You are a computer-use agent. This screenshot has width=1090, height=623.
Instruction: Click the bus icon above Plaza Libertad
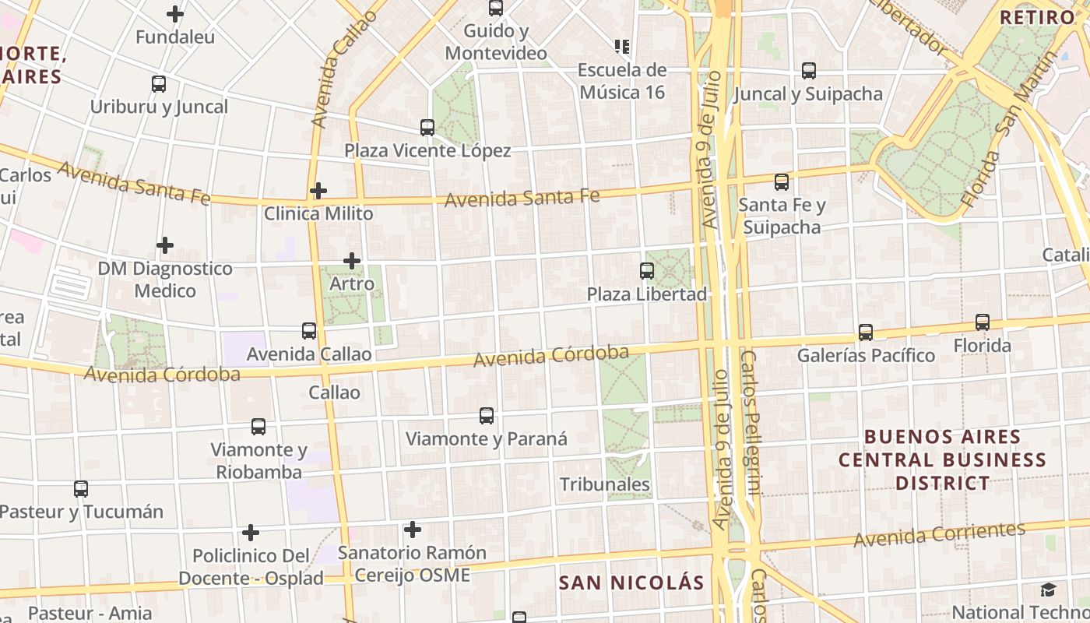pos(646,270)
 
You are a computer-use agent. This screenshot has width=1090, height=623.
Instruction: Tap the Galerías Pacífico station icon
pos(865,333)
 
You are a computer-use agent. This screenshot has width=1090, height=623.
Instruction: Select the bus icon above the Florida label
pos(983,322)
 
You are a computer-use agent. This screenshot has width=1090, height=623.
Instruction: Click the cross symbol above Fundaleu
pos(175,13)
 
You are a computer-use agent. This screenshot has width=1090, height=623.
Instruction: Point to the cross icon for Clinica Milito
pos(318,190)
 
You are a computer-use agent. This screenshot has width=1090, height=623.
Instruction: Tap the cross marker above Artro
pos(352,260)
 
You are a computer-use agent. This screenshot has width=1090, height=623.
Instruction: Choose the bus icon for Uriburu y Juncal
pos(159,83)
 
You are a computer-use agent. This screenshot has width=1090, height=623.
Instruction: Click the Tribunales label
pos(605,484)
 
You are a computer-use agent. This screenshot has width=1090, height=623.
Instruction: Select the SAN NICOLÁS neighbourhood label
pos(631,583)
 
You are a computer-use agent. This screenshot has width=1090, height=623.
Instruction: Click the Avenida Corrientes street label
pos(939,534)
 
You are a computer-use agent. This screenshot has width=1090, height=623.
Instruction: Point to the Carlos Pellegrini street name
pos(749,424)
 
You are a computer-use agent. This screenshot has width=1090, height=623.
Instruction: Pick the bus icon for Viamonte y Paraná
pos(487,415)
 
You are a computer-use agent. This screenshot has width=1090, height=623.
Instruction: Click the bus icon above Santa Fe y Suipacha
pos(781,182)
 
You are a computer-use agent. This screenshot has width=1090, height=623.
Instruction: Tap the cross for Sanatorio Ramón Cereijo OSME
pos(413,530)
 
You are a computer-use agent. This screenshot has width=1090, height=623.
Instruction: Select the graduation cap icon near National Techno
pos(1048,590)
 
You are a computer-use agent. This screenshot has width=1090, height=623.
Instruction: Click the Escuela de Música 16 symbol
pos(621,47)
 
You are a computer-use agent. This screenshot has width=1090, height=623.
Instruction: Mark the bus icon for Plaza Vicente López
pos(427,127)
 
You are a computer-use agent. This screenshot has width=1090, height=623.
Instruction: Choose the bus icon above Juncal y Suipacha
pos(809,71)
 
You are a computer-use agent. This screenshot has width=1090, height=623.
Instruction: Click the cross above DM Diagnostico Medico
pos(165,245)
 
